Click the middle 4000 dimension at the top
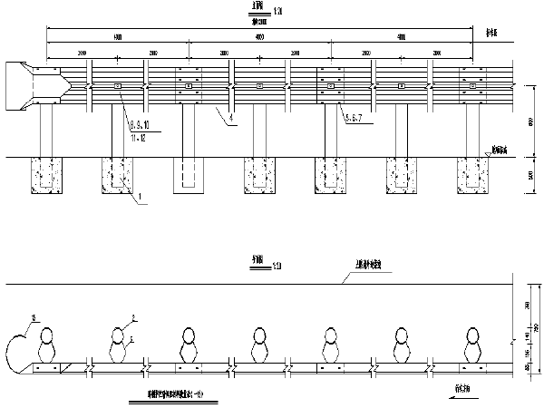pyautogui.click(x=259, y=37)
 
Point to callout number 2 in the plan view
pyautogui.click(x=132, y=317)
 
